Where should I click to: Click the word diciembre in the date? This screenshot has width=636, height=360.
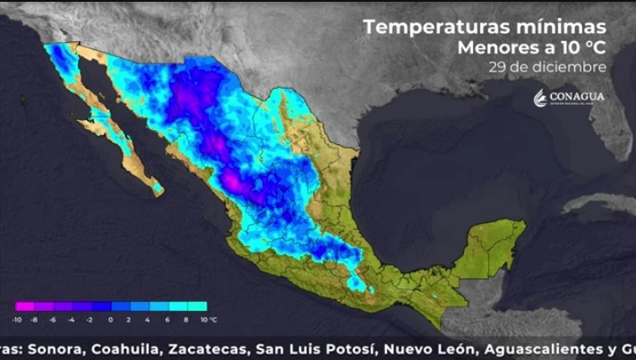tap(570, 66)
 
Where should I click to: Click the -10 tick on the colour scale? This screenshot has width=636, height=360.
tap(18, 320)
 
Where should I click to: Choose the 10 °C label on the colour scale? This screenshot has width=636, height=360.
tap(207, 320)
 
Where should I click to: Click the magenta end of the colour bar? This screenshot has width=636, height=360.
tap(20, 307)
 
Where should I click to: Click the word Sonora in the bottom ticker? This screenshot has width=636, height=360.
tap(53, 347)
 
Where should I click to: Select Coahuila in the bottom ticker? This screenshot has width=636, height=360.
tap(125, 347)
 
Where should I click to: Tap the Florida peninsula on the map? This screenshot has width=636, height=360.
tap(610, 152)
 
